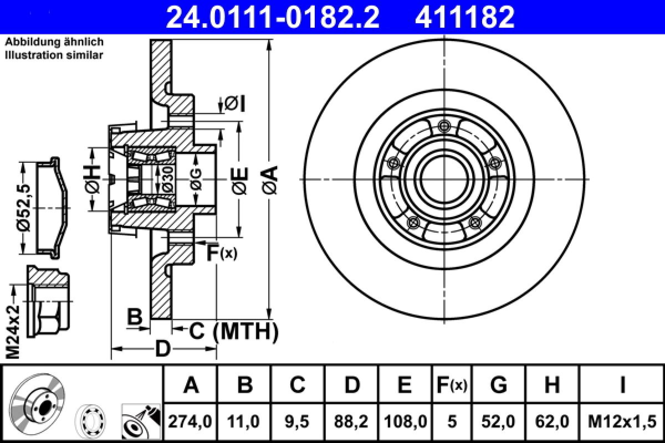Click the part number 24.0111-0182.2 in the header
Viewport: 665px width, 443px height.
tap(273, 17)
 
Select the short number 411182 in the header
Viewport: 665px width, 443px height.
tap(464, 17)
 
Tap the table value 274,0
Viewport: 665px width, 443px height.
tap(191, 422)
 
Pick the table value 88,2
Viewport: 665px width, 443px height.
tap(351, 422)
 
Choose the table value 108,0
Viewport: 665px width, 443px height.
tap(405, 422)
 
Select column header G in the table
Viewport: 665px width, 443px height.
tap(498, 384)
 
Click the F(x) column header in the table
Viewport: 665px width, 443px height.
tap(452, 384)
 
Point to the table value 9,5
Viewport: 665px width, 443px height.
tap(298, 422)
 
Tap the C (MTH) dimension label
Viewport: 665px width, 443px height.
tap(233, 331)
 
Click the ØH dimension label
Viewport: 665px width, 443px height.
tap(94, 179)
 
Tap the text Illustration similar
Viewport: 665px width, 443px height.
tap(54, 55)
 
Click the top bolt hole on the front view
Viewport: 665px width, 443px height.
tap(442, 125)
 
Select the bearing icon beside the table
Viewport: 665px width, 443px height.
tap(93, 420)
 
